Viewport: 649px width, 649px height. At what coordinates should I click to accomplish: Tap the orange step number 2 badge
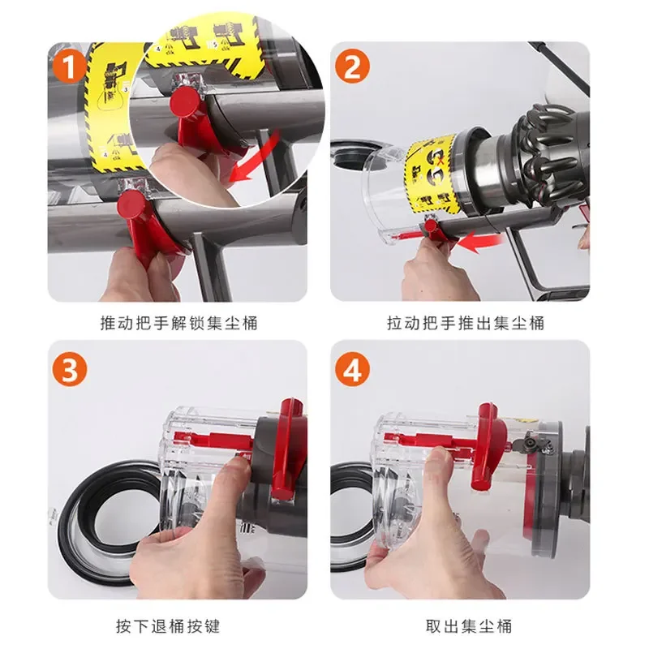tap(353, 67)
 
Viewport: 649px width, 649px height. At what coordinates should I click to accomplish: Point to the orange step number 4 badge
tap(353, 370)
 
